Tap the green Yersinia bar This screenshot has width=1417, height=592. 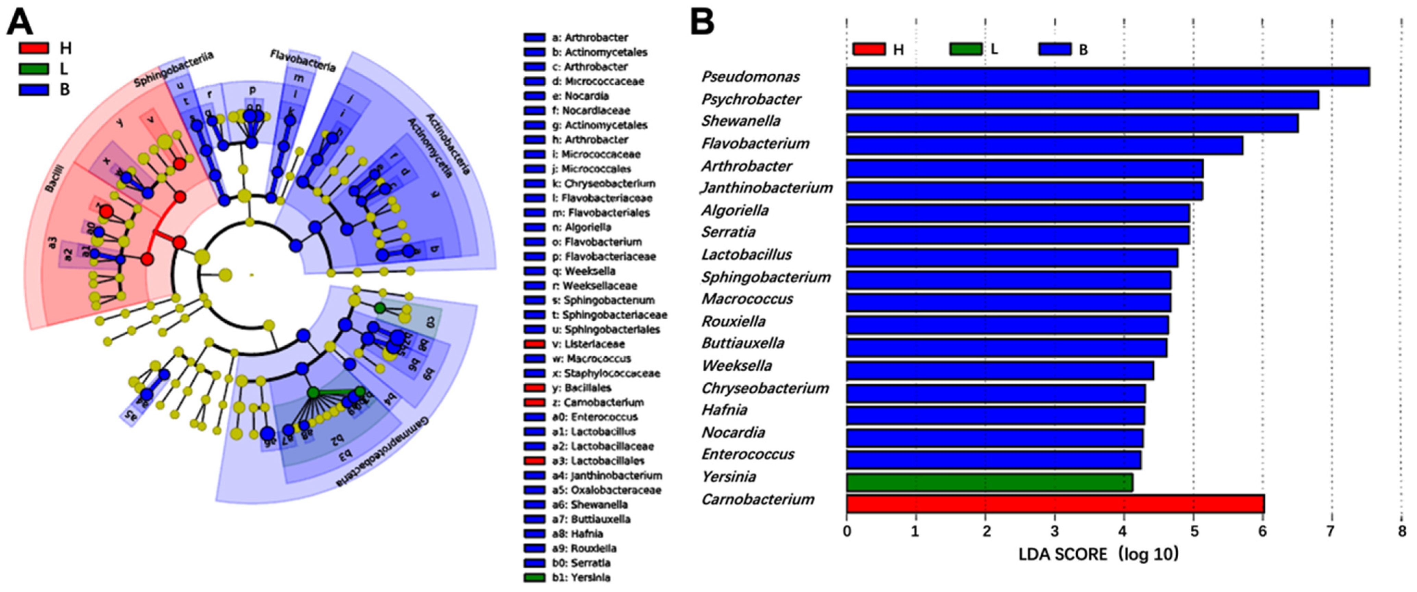pos(989,482)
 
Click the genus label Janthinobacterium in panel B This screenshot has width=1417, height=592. pos(767,188)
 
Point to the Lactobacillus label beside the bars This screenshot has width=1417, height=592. pos(747,255)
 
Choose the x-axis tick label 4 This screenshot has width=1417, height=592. pos(1124,531)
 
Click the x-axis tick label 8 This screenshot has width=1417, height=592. pos(1402,531)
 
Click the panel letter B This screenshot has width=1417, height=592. pos(702,22)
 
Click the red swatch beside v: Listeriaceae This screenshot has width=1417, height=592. pos(534,344)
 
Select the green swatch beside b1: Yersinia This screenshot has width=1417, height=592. pos(534,578)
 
